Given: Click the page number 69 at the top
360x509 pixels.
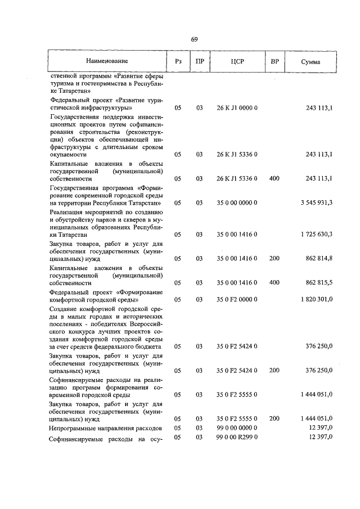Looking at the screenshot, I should coord(194,39).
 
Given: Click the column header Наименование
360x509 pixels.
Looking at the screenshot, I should coord(107,60).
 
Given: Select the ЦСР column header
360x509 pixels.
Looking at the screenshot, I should coord(236,61).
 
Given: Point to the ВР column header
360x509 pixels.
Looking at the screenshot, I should coord(274,60).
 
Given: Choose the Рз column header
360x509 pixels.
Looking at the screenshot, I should coord(178,61).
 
